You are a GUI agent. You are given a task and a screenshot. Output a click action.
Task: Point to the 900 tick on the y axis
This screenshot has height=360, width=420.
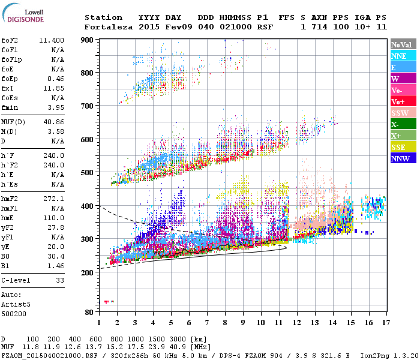(x=88, y=40)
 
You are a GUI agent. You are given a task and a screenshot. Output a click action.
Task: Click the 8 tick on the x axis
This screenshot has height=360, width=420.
(x=225, y=323)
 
